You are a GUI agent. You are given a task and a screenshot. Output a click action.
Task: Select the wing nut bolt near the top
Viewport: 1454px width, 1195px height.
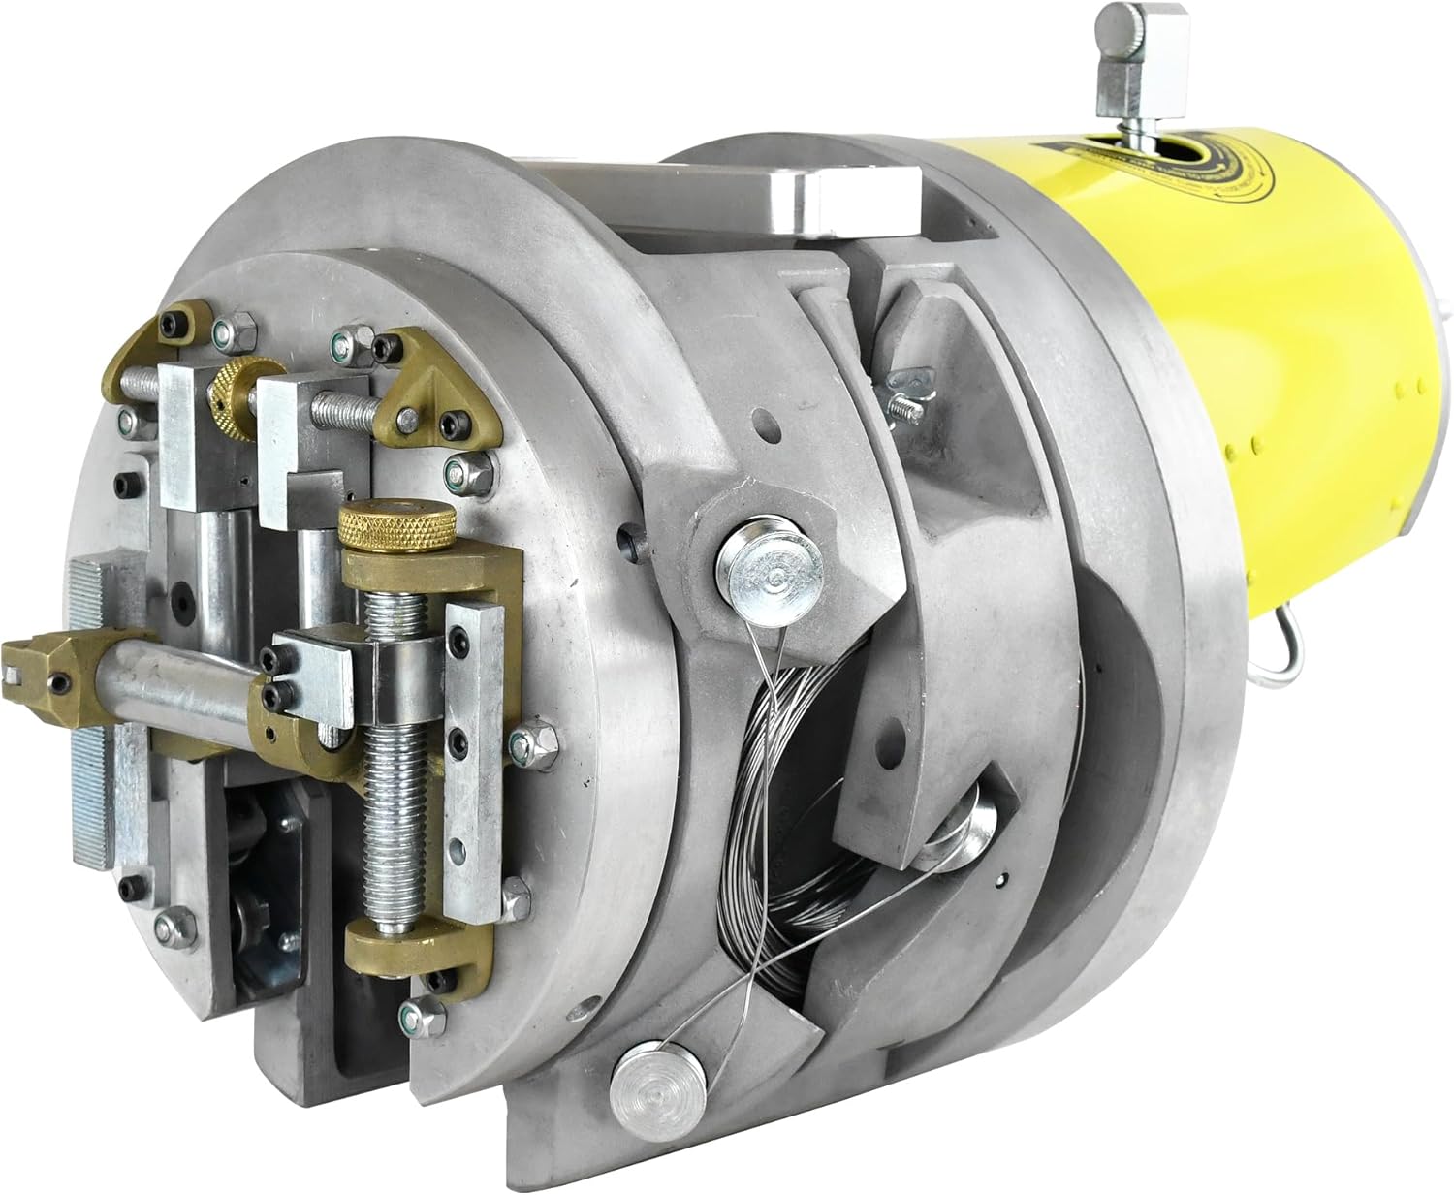pyautogui.click(x=901, y=397)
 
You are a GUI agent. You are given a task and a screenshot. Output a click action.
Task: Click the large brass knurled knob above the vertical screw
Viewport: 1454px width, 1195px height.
pyautogui.click(x=395, y=527)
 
